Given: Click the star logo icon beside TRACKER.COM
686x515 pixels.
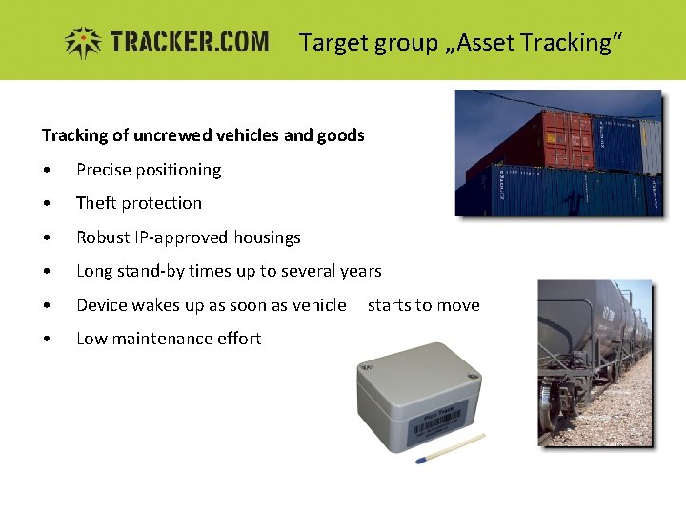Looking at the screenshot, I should pyautogui.click(x=84, y=42).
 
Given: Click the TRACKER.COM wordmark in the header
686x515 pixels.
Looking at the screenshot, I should pyautogui.click(x=189, y=42).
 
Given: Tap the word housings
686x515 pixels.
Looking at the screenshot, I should pyautogui.click(x=267, y=237).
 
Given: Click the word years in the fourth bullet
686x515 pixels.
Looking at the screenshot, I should pyautogui.click(x=360, y=271).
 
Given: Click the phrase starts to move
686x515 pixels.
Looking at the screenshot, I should pyautogui.click(x=423, y=305).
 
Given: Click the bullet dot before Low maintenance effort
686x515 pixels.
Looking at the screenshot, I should pyautogui.click(x=47, y=340).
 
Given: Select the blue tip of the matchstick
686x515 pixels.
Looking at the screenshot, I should pyautogui.click(x=420, y=461).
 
